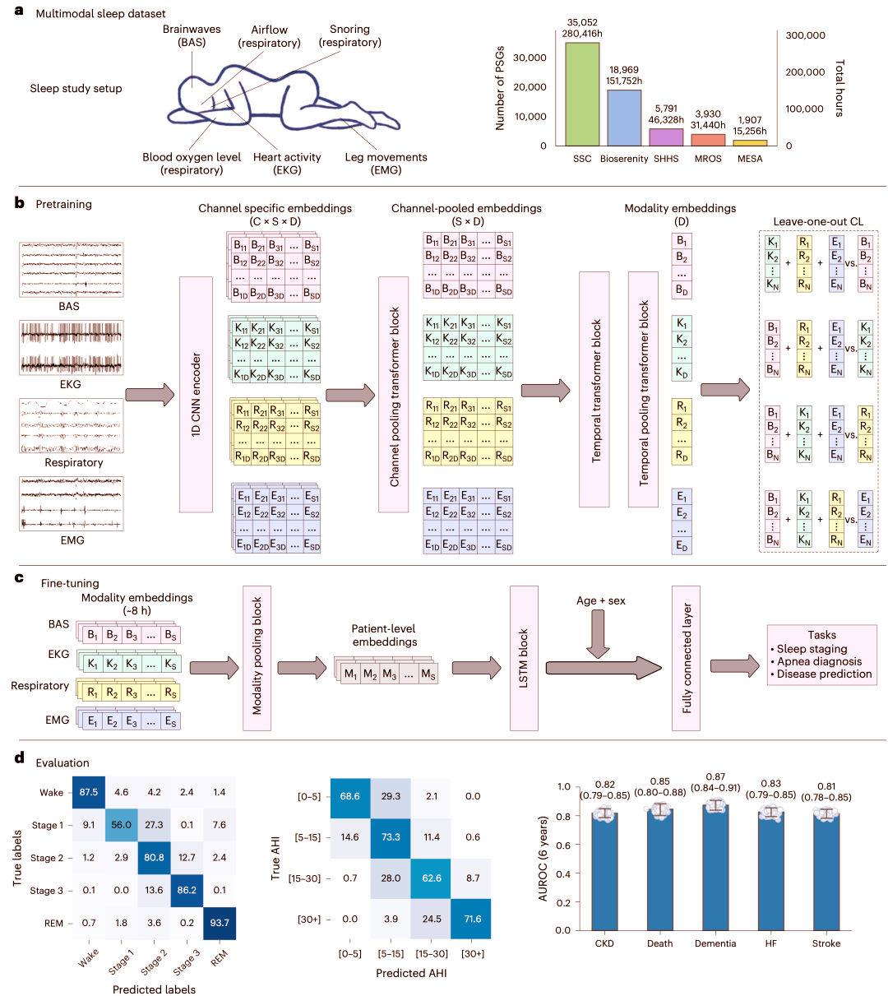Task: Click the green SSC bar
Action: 582,94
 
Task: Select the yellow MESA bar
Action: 750,143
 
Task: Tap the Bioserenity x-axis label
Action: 623,159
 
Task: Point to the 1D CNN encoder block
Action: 196,394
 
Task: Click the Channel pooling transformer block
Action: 393,394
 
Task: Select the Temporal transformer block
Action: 594,389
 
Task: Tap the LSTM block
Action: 524,658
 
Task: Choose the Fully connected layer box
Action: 686,658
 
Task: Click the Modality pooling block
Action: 257,658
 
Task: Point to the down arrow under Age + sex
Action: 598,633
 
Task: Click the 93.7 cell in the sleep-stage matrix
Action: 220,923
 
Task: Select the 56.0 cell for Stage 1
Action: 122,825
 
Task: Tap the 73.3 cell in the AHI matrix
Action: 391,836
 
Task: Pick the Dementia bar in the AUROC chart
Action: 715,867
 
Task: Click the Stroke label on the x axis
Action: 826,943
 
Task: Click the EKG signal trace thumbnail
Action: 72,348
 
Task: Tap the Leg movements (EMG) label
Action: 386,164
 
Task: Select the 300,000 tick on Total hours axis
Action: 806,35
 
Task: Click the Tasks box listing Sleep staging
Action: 821,655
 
